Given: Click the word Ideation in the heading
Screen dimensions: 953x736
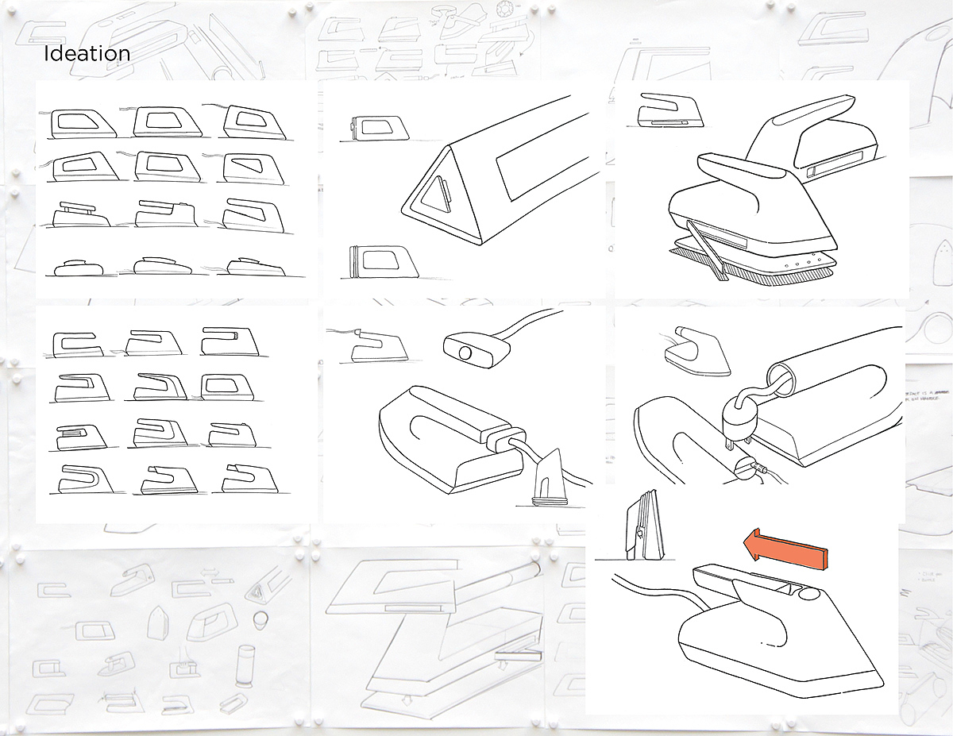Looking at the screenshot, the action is coord(87,54).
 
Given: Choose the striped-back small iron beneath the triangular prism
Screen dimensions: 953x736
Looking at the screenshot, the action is coord(372,262).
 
